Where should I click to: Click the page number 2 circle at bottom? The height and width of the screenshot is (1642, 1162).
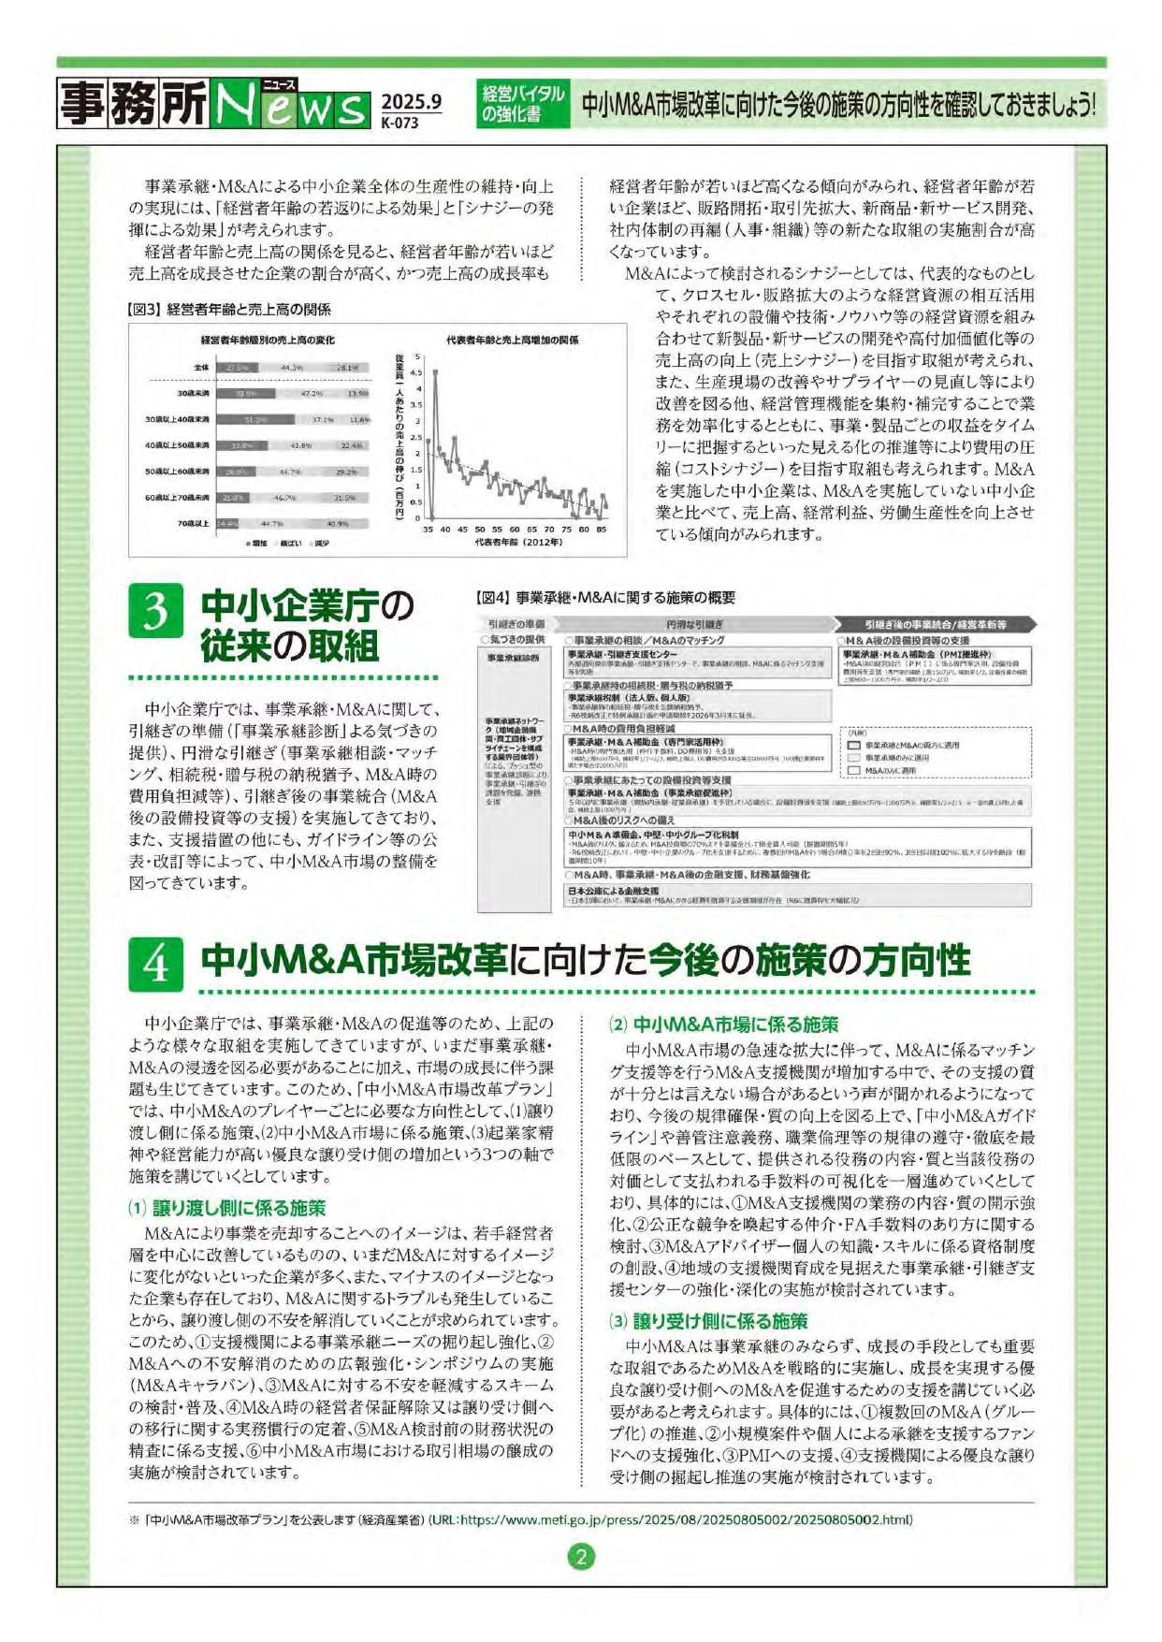(581, 1557)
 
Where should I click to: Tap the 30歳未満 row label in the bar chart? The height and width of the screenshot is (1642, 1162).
(191, 394)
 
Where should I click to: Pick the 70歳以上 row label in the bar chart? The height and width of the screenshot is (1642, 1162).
(194, 524)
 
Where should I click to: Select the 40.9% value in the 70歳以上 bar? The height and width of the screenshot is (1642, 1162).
(338, 524)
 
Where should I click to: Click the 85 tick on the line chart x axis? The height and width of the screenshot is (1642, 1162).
(601, 530)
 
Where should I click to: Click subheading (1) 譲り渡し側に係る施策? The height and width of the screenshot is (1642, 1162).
(226, 1208)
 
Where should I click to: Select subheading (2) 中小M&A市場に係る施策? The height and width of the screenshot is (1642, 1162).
(724, 1024)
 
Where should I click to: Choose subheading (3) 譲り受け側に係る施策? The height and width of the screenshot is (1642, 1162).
(708, 1321)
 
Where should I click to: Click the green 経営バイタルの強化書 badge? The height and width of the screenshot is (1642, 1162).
(523, 104)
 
